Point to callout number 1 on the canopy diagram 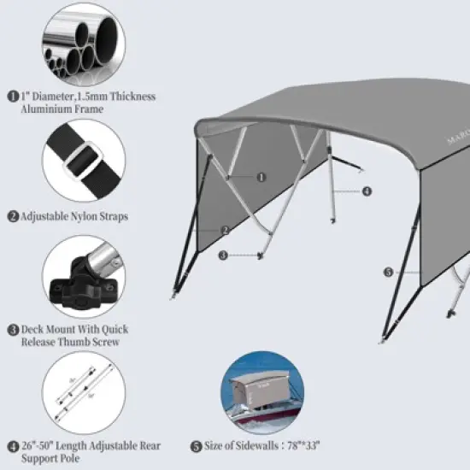(x=261, y=177)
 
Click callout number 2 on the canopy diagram (x=225, y=230)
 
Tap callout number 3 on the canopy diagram (x=223, y=255)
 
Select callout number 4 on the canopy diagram (x=367, y=191)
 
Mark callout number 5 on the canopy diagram (x=388, y=273)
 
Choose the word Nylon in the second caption (x=80, y=217)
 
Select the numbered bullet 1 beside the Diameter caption (x=13, y=97)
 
